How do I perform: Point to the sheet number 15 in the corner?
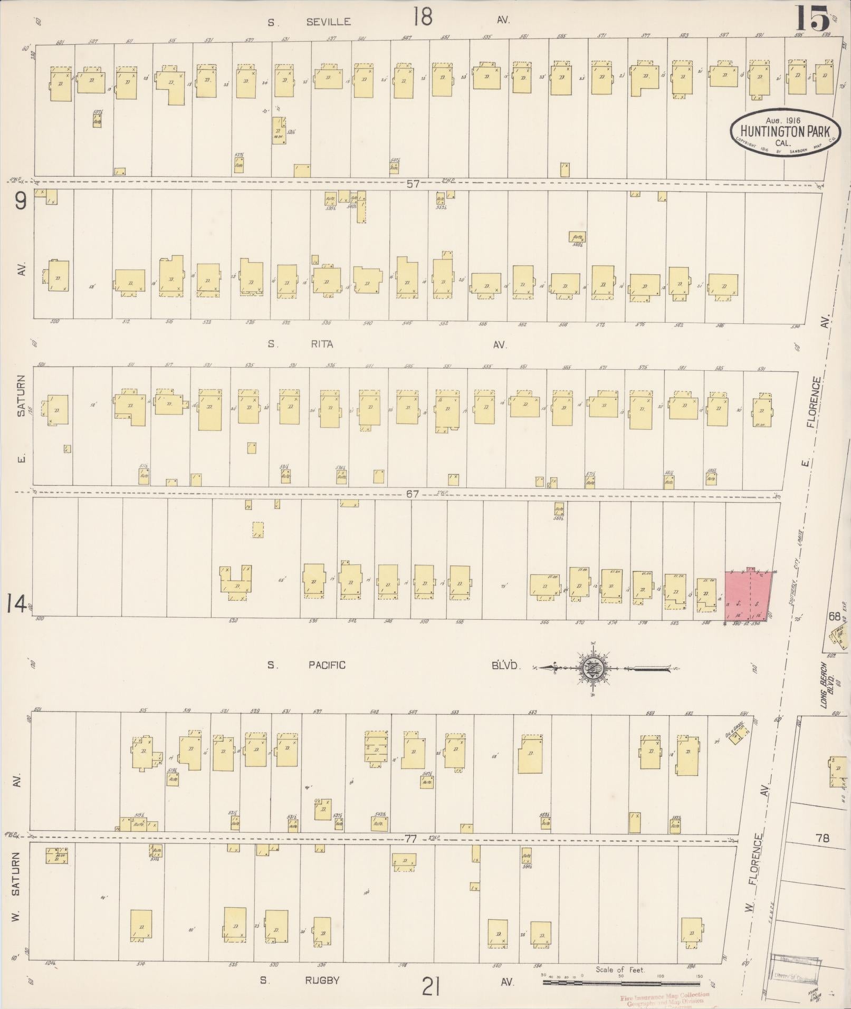[813, 20]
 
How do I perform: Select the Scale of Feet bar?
[620, 982]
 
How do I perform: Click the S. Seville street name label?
[309, 22]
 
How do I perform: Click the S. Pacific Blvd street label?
[327, 665]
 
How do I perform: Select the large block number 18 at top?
[423, 17]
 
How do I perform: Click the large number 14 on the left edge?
[17, 606]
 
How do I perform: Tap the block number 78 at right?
[823, 837]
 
